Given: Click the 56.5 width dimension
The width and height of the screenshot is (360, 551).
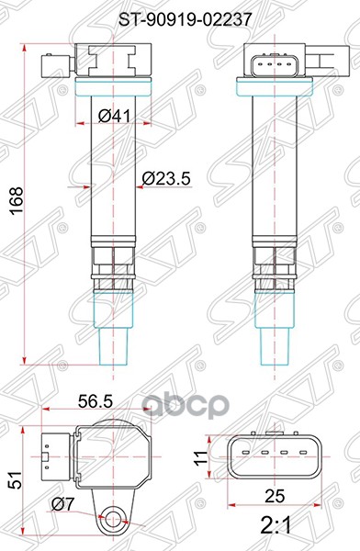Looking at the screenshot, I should [95, 401].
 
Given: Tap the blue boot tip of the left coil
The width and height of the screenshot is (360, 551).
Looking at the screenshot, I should [111, 339].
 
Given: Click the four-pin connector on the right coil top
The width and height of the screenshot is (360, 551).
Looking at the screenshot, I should [265, 65].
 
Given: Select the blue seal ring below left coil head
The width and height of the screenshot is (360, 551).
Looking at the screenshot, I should [109, 89].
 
